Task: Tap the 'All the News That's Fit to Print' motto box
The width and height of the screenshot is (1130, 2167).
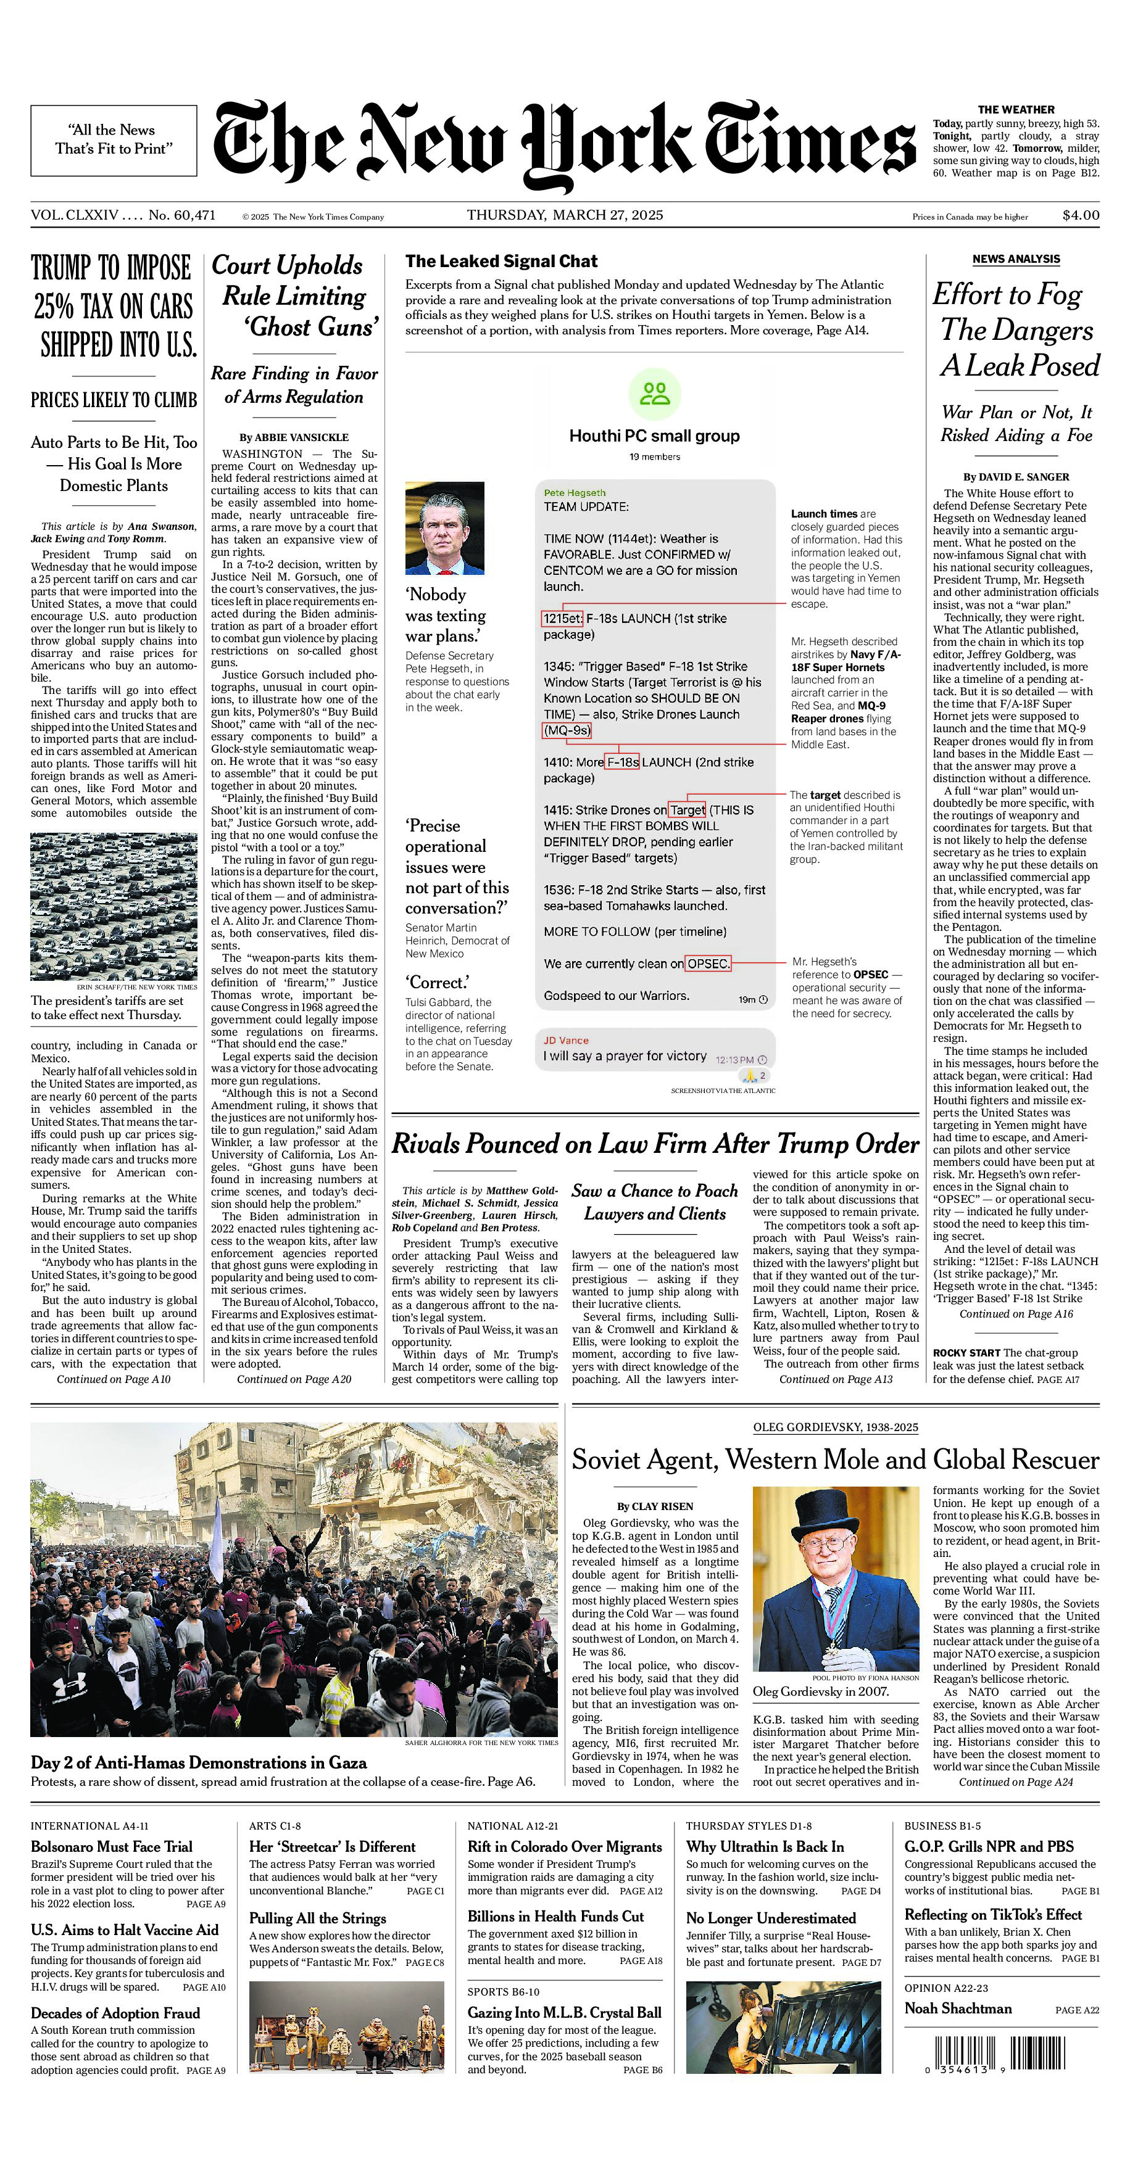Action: coord(114,141)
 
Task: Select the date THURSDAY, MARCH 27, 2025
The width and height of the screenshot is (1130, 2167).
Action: coord(565,215)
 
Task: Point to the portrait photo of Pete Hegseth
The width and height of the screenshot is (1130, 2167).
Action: coord(444,527)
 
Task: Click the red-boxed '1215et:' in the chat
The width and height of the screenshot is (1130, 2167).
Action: coord(561,618)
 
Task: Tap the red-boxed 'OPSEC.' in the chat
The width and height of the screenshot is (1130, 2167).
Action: coord(708,963)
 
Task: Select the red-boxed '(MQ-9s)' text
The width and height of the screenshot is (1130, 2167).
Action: coord(567,730)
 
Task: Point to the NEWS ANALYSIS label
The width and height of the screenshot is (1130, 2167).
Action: coord(1016,259)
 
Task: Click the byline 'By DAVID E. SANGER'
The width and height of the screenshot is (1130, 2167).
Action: coord(1016,477)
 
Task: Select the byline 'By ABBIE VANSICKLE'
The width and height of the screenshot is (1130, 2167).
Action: coord(294,437)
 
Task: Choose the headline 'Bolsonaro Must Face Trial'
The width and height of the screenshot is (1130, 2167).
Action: coord(112,1846)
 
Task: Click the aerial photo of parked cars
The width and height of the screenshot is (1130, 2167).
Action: coord(114,906)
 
